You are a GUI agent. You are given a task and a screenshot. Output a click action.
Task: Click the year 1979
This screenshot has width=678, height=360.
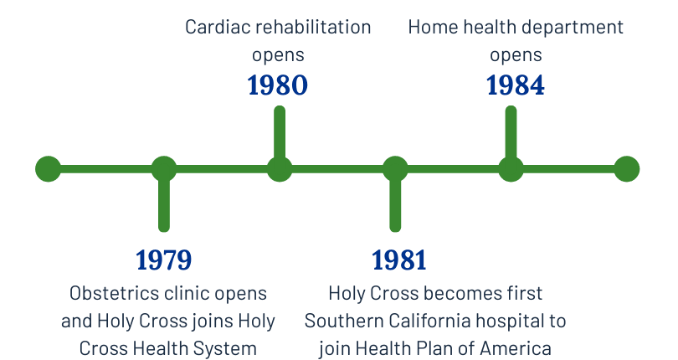click(164, 260)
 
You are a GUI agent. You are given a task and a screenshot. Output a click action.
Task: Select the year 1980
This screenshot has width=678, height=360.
click(278, 85)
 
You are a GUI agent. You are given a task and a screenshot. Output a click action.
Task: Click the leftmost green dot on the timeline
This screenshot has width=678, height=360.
click(49, 169)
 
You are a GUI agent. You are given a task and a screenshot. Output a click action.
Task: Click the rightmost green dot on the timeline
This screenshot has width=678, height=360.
click(626, 169)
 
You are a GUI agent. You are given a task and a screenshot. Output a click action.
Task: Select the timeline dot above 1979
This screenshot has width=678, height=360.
click(164, 169)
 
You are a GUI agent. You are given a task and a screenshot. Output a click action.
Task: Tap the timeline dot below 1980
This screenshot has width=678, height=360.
click(280, 169)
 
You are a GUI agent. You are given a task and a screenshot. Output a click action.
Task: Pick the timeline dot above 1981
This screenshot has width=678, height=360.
click(395, 169)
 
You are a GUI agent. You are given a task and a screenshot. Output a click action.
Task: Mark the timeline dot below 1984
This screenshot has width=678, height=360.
click(511, 169)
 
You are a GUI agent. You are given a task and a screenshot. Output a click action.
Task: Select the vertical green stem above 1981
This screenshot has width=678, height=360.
click(395, 206)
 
